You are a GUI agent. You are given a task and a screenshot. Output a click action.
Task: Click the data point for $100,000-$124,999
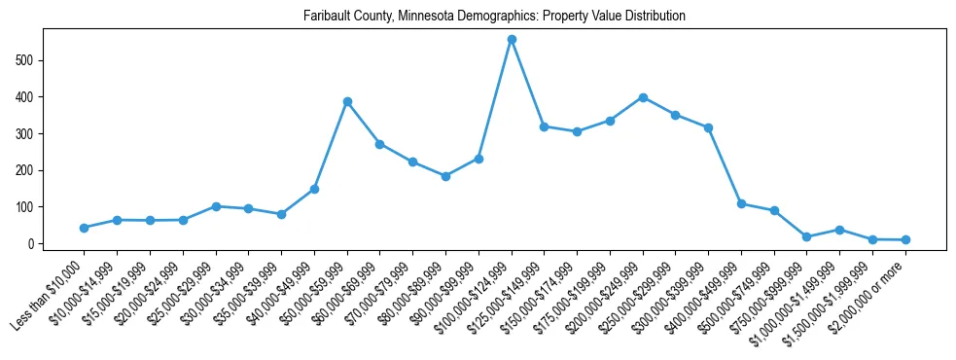tap(512, 40)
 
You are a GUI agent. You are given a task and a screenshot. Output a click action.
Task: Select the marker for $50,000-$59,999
tap(347, 101)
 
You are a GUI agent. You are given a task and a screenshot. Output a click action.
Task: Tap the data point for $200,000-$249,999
tap(643, 97)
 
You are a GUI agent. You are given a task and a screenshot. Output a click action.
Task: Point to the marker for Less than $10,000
tap(85, 228)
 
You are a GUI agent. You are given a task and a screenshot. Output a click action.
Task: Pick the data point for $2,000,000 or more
tap(905, 239)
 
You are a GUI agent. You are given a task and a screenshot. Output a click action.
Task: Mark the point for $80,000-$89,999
tap(445, 176)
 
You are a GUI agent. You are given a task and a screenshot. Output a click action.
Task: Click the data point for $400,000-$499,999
tap(741, 204)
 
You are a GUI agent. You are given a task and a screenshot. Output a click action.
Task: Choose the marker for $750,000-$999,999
tap(807, 236)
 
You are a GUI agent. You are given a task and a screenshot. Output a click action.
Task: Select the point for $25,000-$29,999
tap(216, 206)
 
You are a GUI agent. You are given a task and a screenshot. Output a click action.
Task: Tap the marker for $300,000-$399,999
tap(708, 127)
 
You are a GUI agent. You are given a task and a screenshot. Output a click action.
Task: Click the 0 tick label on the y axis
tap(32, 244)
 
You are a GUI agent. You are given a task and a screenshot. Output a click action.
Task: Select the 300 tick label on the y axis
tap(26, 134)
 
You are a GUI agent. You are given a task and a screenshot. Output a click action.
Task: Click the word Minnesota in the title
tap(437, 17)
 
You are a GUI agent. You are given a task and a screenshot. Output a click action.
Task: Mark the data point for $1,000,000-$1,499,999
tap(839, 230)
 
